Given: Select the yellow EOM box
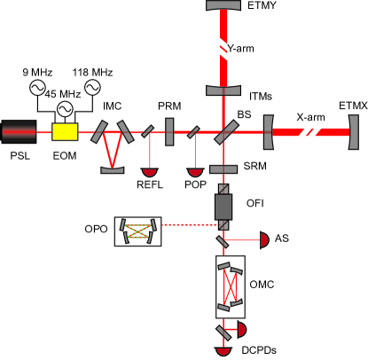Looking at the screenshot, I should tap(65, 132).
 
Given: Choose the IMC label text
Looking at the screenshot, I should tap(112, 106).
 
